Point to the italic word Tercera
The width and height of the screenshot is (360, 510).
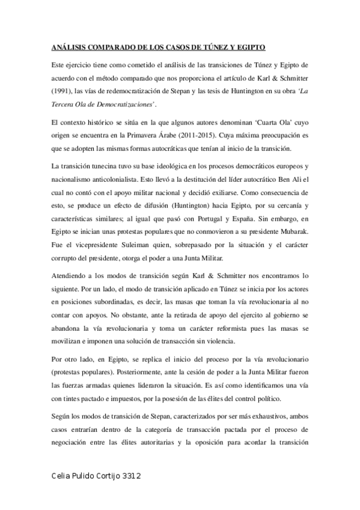tap(64, 103)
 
